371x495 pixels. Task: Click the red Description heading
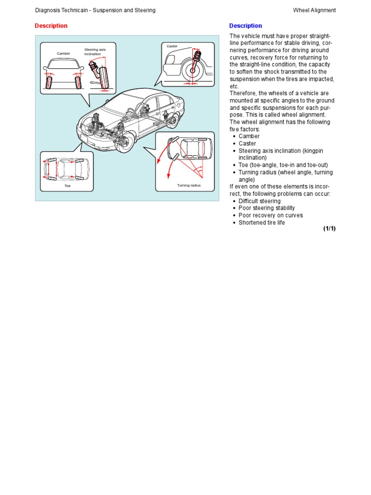(51, 26)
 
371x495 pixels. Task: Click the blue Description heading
(245, 26)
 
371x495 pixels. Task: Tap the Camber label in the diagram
(63, 54)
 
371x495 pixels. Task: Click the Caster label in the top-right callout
(172, 46)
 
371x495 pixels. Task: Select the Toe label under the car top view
(67, 186)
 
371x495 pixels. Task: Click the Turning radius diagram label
(188, 186)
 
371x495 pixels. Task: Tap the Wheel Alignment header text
(314, 10)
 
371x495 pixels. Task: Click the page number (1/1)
(329, 229)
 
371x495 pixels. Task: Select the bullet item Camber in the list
(249, 136)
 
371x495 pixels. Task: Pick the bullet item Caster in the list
(247, 144)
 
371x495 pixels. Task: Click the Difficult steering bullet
(259, 201)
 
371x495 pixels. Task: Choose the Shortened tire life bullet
(262, 223)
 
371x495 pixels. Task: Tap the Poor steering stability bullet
(267, 208)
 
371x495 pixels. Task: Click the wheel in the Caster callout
(192, 71)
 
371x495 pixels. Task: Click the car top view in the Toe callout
(67, 169)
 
